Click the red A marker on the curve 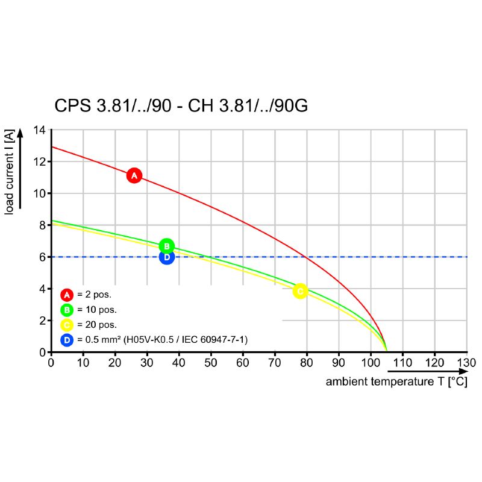pos(134,175)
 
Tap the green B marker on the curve pos(167,246)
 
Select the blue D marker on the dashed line pos(167,257)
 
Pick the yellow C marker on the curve pos(300,291)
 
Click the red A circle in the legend pos(67,295)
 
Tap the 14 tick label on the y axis pos(39,130)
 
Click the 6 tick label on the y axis pos(42,257)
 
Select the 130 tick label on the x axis pos(467,363)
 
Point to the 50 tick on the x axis pos(211,363)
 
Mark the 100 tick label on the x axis pos(371,363)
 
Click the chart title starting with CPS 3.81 pos(181,106)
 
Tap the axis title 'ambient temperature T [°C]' pos(396,382)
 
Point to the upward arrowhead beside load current pos(20,133)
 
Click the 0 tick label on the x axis pos(51,363)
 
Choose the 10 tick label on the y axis pos(39,193)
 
